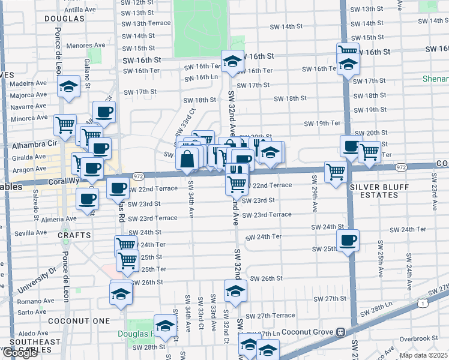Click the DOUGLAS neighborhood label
point(64,19)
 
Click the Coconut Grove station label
point(310,332)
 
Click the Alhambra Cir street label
point(34,145)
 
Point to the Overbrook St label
point(419,338)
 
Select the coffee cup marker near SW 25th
point(348,241)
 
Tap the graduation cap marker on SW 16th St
point(232,61)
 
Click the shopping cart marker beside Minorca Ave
point(65,125)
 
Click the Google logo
point(20,353)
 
